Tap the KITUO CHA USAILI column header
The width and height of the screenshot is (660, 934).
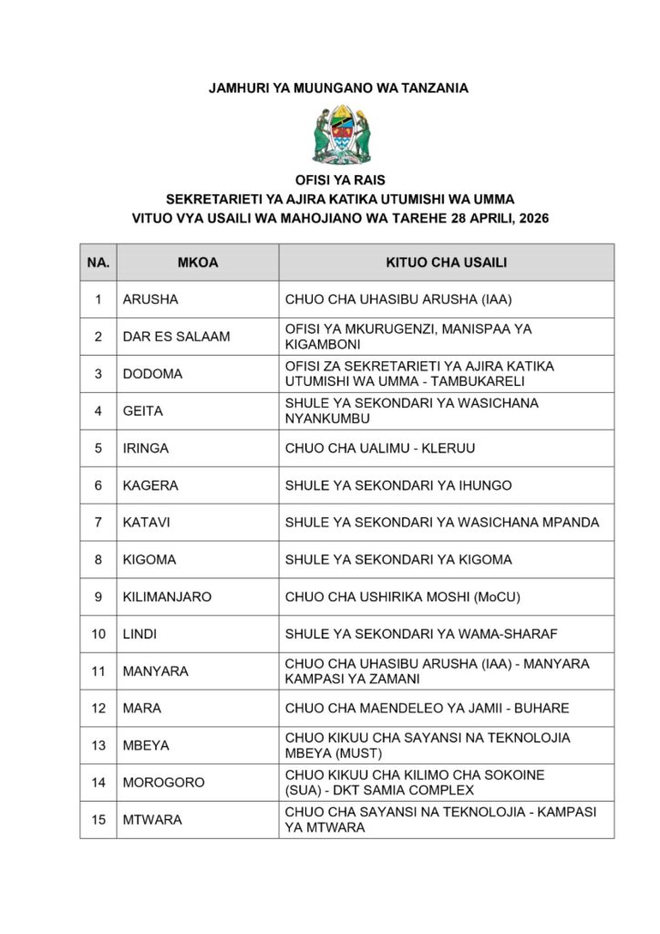447,263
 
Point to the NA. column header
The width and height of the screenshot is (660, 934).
98,263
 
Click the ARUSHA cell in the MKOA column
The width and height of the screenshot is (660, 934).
150,299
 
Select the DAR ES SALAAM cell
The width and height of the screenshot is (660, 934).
176,337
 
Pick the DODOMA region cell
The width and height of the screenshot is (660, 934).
152,374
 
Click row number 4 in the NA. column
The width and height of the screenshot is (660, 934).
98,411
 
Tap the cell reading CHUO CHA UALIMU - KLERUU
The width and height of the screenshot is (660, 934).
380,449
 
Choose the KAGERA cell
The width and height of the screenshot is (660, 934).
150,485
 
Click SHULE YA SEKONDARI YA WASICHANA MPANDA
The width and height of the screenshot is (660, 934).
442,523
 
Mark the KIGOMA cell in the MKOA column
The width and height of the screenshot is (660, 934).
150,559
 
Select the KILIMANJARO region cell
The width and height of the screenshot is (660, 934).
167,597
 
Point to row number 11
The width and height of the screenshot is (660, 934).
98,671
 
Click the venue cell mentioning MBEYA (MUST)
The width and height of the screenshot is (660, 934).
428,745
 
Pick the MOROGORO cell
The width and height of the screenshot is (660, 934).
163,783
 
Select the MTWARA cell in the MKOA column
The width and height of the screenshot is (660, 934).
152,820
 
